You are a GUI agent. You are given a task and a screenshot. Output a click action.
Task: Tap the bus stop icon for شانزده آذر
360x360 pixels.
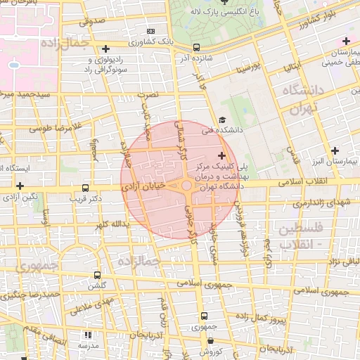pyautogui.click(x=196, y=48)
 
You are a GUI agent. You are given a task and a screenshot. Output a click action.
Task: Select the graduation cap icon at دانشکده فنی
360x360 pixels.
pyautogui.click(x=222, y=120)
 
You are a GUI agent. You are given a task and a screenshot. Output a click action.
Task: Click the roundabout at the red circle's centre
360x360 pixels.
pyautogui.click(x=186, y=186)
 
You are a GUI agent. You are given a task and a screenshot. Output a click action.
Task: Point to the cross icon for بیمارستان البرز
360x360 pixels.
pyautogui.click(x=335, y=150)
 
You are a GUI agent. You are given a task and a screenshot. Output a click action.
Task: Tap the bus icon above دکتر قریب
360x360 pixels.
pyautogui.click(x=85, y=188)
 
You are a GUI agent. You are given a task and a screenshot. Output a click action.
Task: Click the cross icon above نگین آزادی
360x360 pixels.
pyautogui.click(x=20, y=186)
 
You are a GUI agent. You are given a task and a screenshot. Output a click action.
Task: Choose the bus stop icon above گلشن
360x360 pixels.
pyautogui.click(x=97, y=275)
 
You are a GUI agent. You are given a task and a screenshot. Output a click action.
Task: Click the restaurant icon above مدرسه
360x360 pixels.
pyautogui.click(x=88, y=335)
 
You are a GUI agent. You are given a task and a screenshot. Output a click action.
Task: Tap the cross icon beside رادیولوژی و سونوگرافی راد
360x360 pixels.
pyautogui.click(x=105, y=49)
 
